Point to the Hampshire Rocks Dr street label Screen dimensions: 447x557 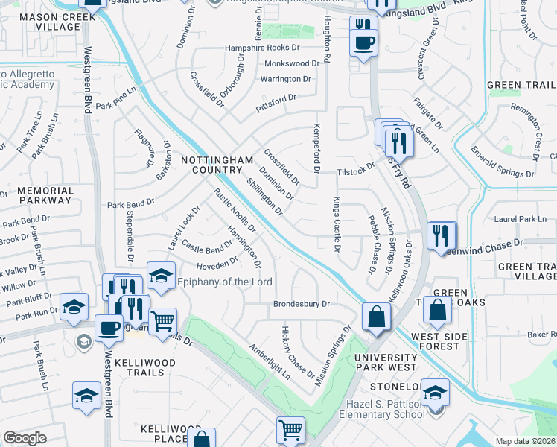261,48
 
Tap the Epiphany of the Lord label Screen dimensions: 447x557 224,282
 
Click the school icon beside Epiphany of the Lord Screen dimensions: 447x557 161,276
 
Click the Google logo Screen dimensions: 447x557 25,438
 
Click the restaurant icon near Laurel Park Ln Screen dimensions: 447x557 441,235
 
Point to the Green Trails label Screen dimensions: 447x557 521,86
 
